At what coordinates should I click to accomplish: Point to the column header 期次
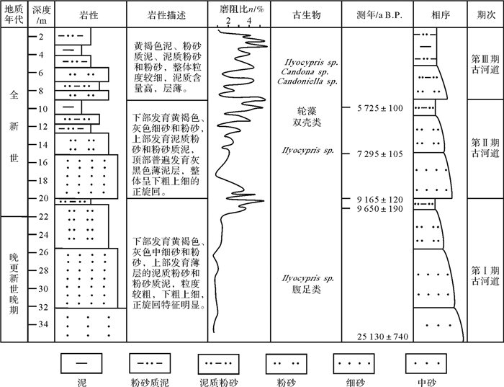484,15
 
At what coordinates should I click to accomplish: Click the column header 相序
437,15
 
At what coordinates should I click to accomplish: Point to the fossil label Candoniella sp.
307,81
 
